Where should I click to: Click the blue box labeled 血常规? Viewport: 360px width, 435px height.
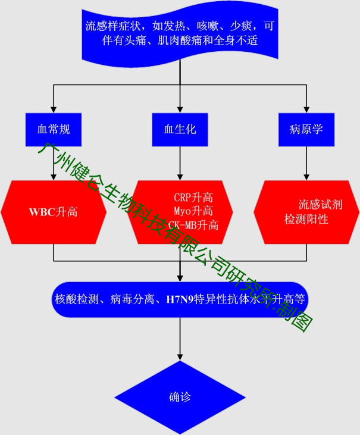tap(54, 129)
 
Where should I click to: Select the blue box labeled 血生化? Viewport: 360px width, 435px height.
tap(180, 129)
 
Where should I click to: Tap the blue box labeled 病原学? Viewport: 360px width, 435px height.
tap(306, 129)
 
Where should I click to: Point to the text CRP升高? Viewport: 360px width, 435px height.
tap(193, 198)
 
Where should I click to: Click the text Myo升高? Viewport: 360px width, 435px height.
tap(193, 211)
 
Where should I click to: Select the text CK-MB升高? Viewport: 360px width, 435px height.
tap(193, 225)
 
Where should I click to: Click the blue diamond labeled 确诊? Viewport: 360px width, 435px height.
tap(180, 397)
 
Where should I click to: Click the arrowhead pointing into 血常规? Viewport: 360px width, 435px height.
tap(54, 109)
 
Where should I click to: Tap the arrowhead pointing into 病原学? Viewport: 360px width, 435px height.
tap(306, 109)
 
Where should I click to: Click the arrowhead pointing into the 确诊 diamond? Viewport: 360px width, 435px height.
tap(180, 356)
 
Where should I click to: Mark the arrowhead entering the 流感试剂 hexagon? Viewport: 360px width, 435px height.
tap(306, 177)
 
